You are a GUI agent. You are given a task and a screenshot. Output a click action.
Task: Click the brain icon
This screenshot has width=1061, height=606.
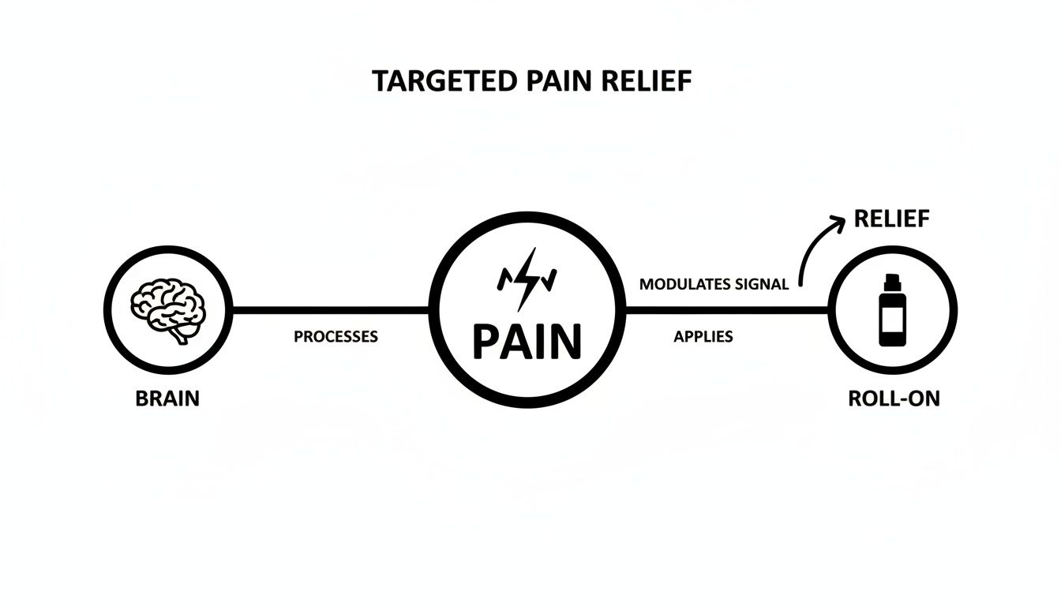pyautogui.click(x=167, y=308)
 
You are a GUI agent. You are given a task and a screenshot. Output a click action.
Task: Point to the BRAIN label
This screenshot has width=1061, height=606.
pyautogui.click(x=167, y=398)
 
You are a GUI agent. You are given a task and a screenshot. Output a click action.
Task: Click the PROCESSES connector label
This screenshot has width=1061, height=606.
pyautogui.click(x=336, y=337)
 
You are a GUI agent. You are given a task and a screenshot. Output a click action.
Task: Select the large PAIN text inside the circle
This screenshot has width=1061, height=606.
pyautogui.click(x=527, y=341)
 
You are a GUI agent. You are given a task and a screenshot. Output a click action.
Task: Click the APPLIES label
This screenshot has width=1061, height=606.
pyautogui.click(x=703, y=337)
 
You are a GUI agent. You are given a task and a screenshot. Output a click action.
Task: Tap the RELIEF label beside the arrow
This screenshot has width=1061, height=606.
pyautogui.click(x=891, y=220)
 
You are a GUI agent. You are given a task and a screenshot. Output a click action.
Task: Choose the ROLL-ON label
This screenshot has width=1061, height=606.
pyautogui.click(x=894, y=398)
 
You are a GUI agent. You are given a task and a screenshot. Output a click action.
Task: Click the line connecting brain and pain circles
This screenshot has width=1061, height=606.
pyautogui.click(x=332, y=309)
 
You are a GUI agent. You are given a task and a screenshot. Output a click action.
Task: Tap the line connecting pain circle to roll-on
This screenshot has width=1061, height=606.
pyautogui.click(x=726, y=309)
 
